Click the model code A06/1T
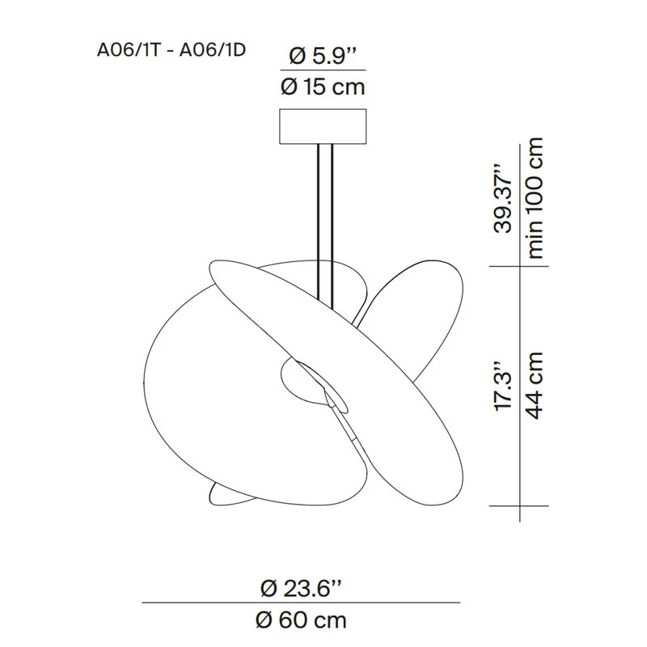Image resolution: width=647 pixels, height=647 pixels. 128,50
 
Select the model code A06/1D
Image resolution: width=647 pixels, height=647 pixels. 213,50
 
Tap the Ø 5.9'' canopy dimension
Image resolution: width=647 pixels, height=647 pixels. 323,56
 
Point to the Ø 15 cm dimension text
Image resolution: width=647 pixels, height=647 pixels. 323,87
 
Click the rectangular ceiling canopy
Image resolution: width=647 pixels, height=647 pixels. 323,126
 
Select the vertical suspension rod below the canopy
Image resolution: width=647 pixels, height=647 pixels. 325,225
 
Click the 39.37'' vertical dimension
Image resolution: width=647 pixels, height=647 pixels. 503,199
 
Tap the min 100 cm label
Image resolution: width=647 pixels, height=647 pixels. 535,198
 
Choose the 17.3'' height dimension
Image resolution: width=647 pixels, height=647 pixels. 503,387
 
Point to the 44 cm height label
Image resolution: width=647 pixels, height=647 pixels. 535,386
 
